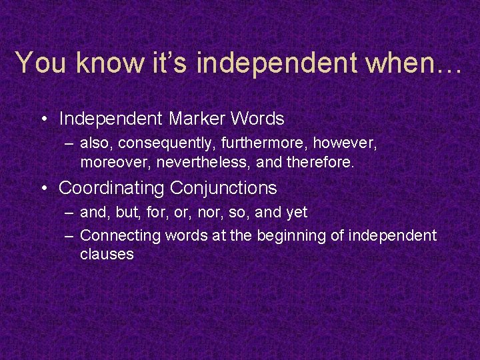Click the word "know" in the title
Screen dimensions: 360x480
point(106,63)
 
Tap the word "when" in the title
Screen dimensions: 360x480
point(399,63)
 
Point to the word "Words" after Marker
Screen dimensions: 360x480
point(257,119)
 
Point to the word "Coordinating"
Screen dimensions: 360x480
point(111,189)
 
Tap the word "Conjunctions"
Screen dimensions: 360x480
point(223,189)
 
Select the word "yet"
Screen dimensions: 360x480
point(296,213)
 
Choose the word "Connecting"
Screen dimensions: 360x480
point(120,236)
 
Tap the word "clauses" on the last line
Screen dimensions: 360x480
point(107,254)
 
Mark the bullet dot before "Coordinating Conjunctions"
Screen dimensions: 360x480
point(43,189)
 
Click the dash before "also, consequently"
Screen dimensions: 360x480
point(69,143)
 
